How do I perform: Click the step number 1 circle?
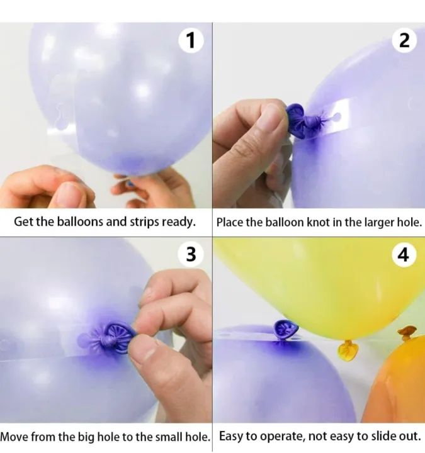[x=191, y=41]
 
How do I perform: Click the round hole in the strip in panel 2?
[x=345, y=115]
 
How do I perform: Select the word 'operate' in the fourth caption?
[x=282, y=436]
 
